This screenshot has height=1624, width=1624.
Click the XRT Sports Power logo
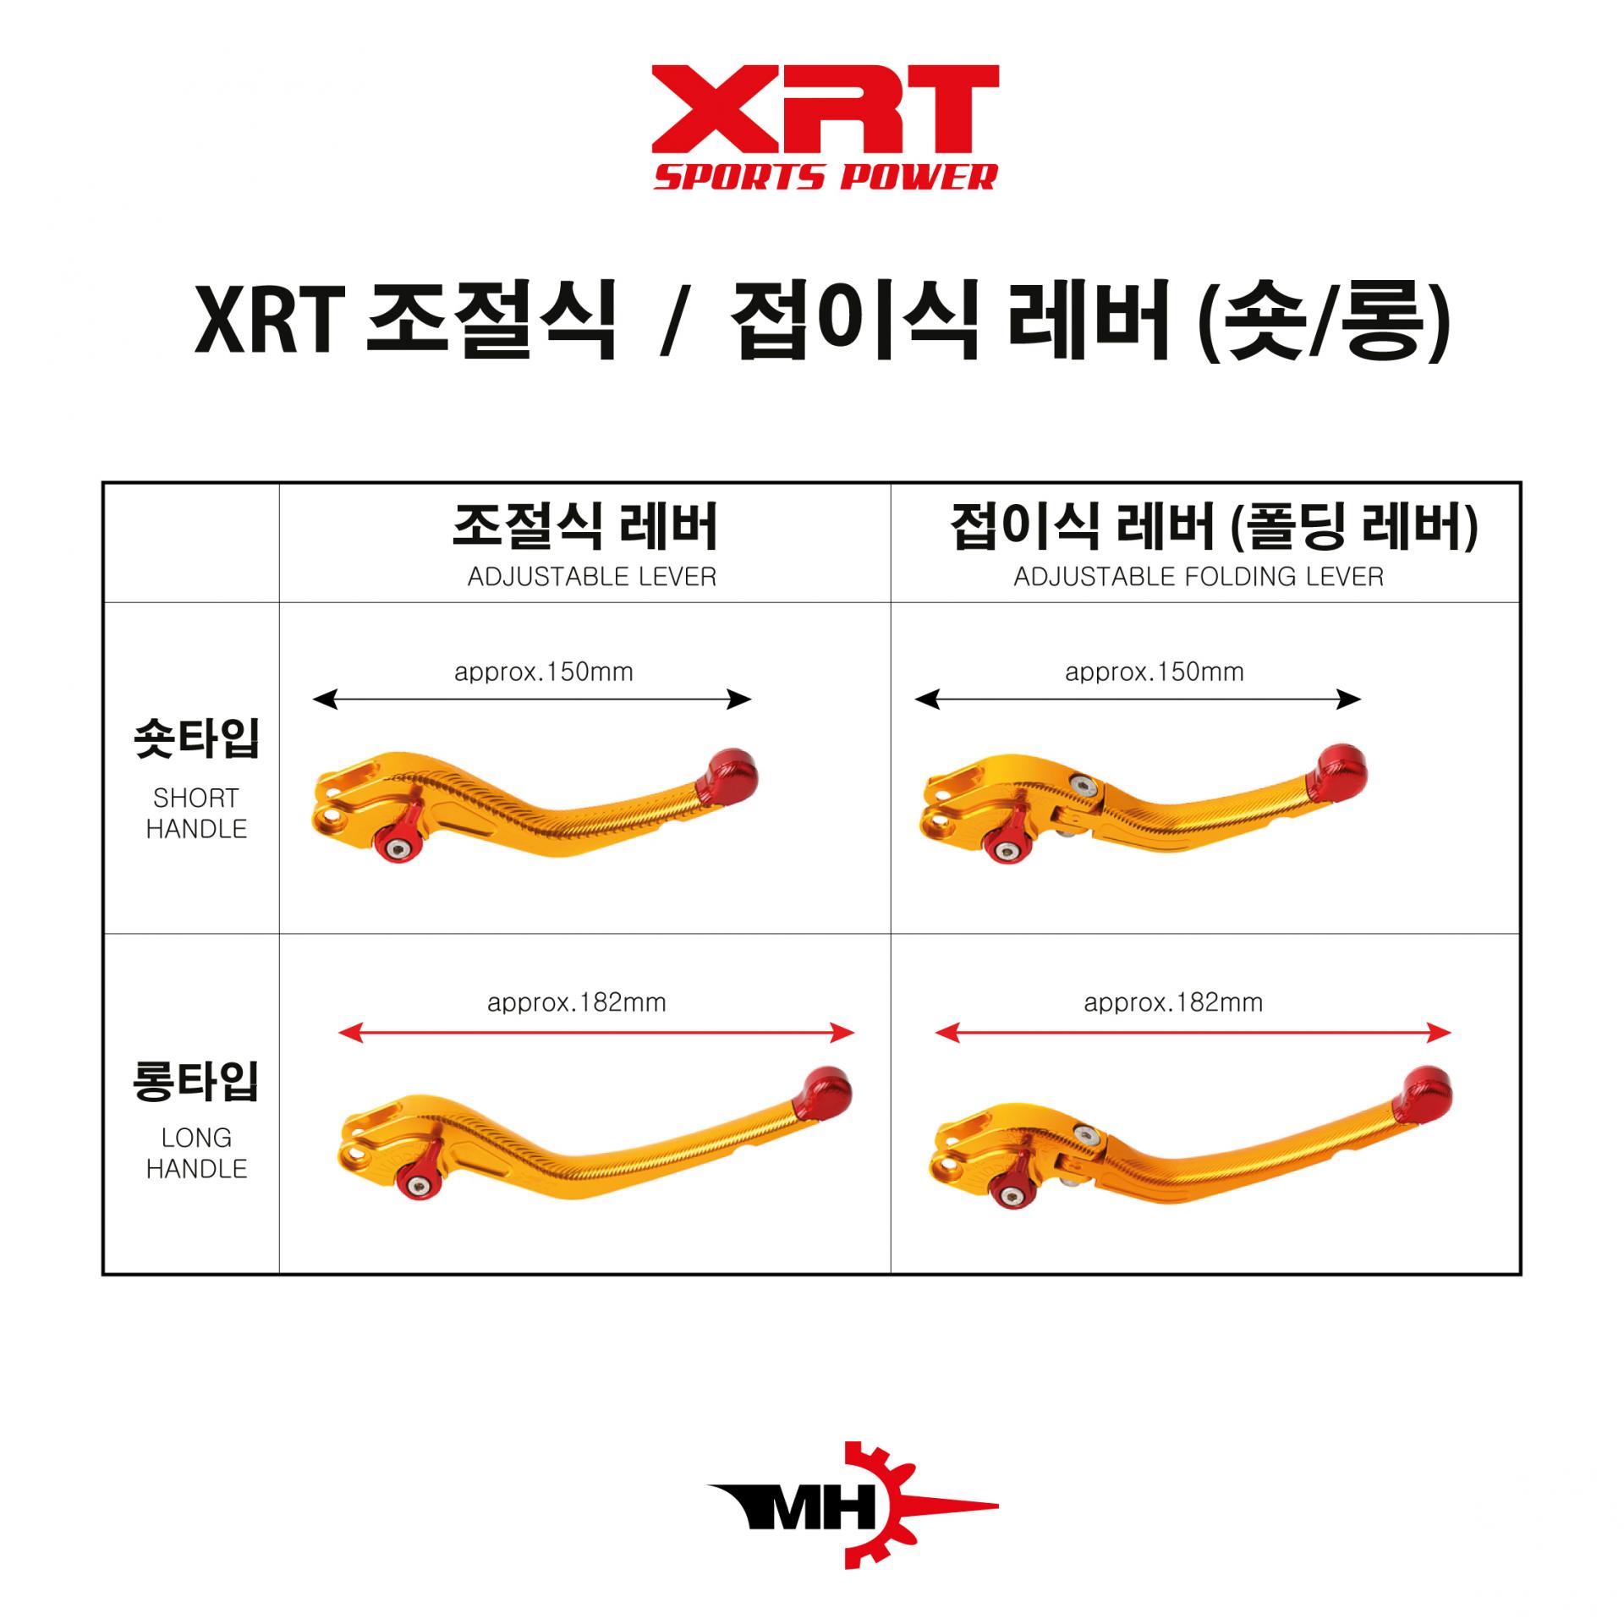coord(826,127)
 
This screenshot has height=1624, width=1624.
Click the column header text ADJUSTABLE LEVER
coord(592,577)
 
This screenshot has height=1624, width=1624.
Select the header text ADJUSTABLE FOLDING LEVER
coord(1199,577)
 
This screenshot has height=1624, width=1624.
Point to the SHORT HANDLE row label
coord(196,813)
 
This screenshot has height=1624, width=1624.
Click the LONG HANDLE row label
coord(196,1153)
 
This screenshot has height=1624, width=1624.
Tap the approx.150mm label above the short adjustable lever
coord(544,672)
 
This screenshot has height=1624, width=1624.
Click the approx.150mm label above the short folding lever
coord(1155,672)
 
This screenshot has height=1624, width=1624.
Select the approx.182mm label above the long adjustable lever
coord(577,1003)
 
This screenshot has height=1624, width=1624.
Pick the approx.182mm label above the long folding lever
coord(1173,1003)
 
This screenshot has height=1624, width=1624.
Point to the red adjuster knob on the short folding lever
coord(1005,846)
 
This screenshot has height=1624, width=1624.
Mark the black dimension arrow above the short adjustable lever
coord(532,700)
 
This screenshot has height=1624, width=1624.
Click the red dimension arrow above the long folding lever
coord(1193,1032)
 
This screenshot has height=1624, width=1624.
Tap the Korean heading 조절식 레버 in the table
coord(585,526)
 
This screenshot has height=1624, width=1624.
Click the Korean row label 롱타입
coord(196,1082)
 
